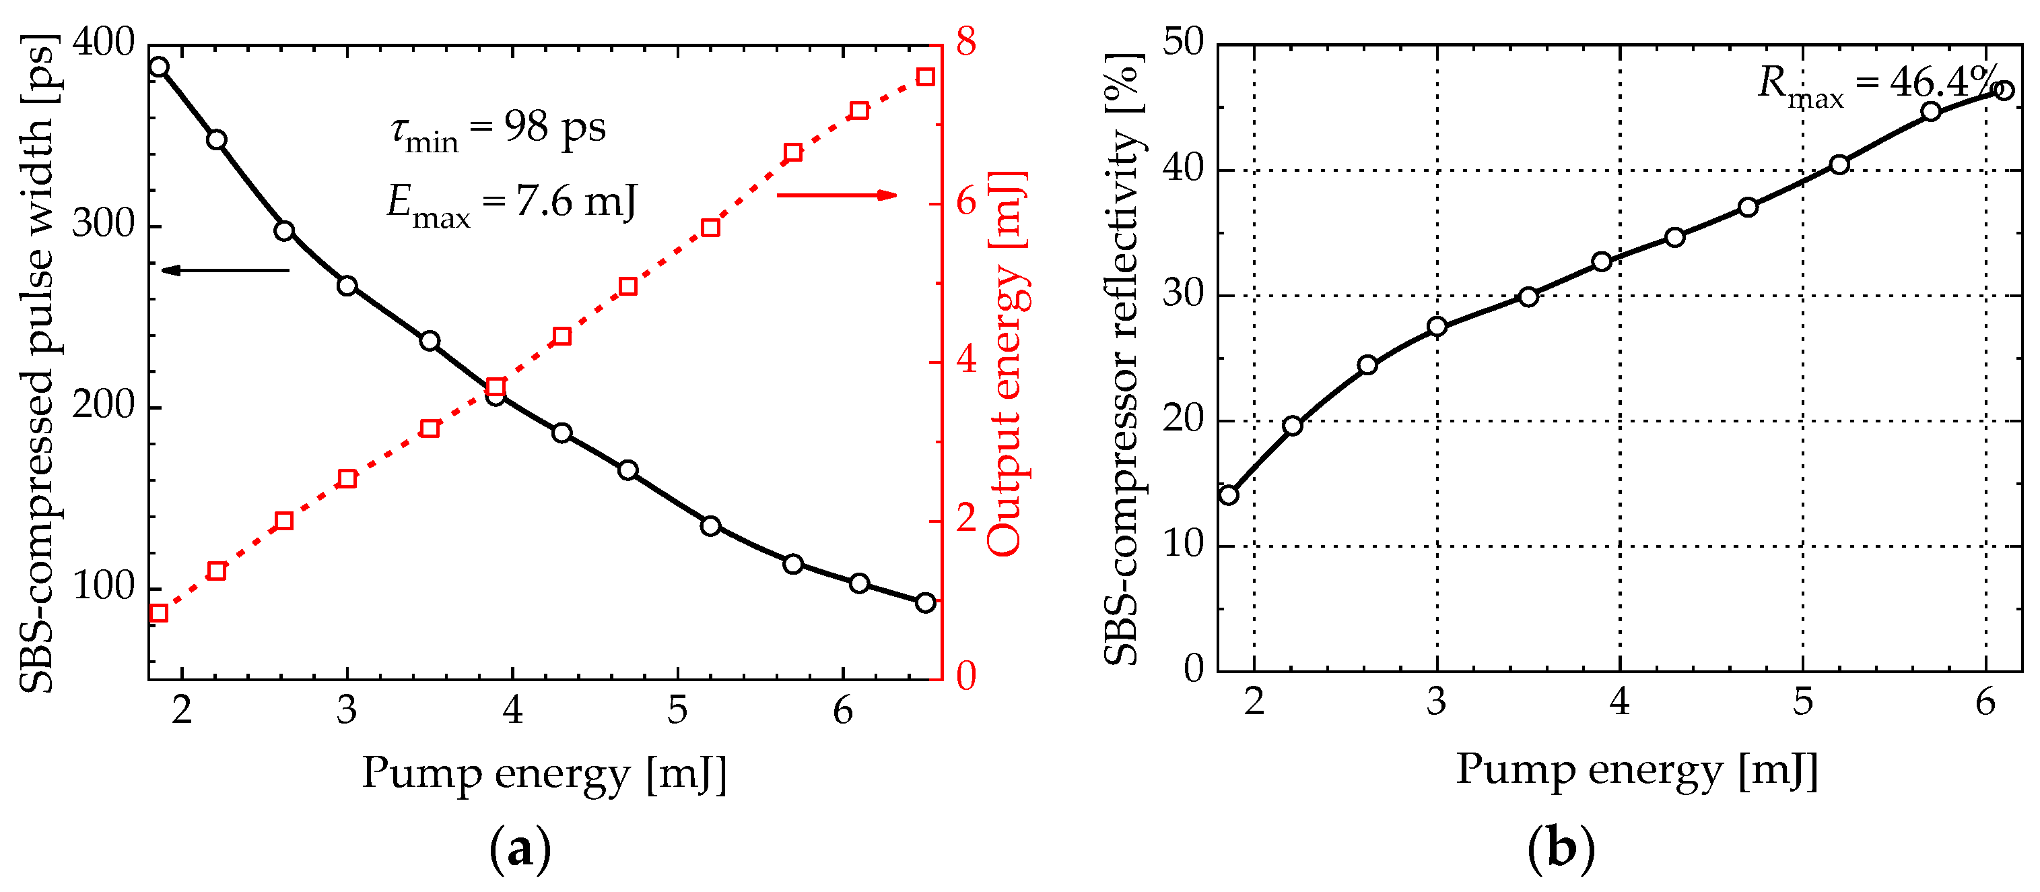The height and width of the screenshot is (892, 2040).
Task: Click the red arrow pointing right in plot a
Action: [x=836, y=195]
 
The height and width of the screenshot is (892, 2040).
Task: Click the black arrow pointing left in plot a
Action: [x=225, y=270]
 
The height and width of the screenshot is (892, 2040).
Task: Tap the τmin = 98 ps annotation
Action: [x=498, y=129]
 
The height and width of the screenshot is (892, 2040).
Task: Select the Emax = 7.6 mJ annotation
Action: [x=511, y=203]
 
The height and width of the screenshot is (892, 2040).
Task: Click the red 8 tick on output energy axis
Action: [x=965, y=42]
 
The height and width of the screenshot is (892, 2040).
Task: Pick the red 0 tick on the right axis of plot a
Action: [x=965, y=676]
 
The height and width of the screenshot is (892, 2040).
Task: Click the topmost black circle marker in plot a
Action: [x=159, y=67]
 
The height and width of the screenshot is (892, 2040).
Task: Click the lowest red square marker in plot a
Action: [x=158, y=612]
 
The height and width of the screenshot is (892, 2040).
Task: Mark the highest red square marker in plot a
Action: [x=925, y=77]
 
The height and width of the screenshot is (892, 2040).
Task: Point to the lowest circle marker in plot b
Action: [x=1228, y=495]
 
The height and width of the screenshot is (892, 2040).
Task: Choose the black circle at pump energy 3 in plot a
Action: [x=347, y=286]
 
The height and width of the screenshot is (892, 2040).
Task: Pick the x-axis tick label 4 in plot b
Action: [x=1619, y=702]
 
